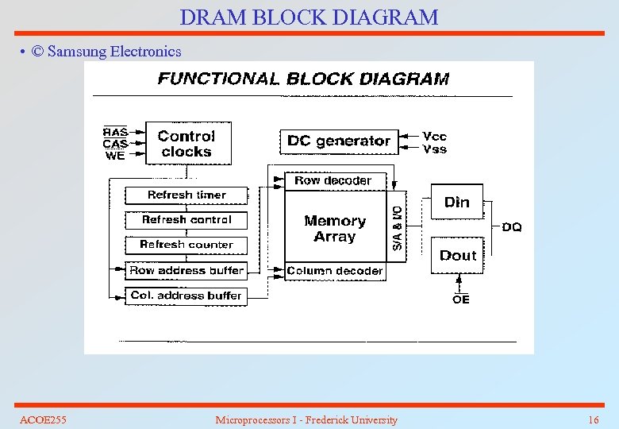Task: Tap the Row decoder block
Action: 333,180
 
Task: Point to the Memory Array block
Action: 335,229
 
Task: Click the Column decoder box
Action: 334,271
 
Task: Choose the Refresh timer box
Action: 186,195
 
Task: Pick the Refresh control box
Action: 186,220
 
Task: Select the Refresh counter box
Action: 186,245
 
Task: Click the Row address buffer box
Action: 186,270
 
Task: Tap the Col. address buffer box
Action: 186,296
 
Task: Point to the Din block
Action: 456,202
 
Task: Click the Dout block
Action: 457,255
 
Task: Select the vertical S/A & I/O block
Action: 396,227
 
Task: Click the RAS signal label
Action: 115,132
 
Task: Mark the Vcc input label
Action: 435,137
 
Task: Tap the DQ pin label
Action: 512,227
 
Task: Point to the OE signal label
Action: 461,299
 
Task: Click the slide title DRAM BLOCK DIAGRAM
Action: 309,17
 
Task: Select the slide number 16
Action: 593,419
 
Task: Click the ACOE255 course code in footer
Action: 43,419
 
